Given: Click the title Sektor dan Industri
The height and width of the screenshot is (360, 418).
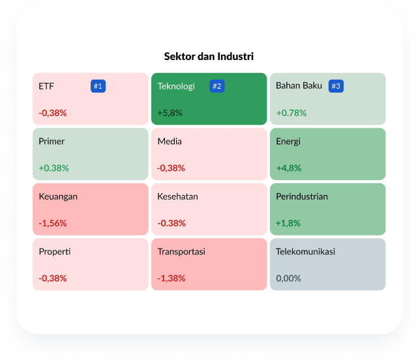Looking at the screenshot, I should point(209,57).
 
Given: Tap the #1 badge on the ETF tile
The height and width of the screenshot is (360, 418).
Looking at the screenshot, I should point(98,86).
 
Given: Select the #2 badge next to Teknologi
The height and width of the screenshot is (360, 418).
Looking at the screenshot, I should point(217,86).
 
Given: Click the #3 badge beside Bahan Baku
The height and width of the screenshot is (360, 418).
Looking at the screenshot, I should point(336,86).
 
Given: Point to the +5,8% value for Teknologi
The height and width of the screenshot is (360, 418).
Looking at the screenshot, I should point(170,113).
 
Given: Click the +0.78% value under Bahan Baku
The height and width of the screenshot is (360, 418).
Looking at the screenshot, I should point(291,113).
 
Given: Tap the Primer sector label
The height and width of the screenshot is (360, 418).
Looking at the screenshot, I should point(52,141).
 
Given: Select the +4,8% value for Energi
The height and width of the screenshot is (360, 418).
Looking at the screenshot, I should point(288,168).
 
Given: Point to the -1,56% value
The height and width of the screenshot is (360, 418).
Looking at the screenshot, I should point(53,223).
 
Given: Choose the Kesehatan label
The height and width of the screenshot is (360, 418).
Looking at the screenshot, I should point(177,196).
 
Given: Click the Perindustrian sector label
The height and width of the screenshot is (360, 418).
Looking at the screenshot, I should point(302,196).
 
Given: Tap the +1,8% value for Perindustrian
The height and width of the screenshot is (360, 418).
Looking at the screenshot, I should point(288,223).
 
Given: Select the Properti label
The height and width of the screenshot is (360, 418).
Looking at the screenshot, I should point(54,252).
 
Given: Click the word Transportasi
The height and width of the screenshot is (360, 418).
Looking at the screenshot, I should point(181,252).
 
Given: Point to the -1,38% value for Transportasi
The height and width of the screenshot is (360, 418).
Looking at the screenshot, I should point(172,278).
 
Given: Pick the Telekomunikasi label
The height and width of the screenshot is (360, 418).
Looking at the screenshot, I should point(305,252).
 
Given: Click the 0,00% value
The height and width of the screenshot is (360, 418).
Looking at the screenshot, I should point(288,278).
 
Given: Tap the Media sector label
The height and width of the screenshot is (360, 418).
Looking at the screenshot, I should point(170,141).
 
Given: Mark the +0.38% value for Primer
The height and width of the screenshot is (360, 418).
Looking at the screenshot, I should point(53,168).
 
